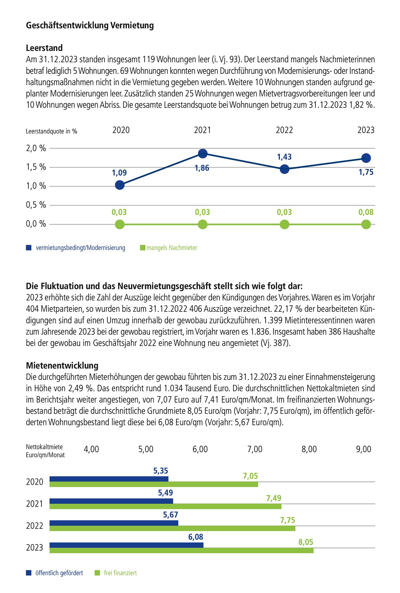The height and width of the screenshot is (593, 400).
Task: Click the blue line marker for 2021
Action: click(x=203, y=154)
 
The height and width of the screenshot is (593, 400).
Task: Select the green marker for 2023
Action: click(x=366, y=224)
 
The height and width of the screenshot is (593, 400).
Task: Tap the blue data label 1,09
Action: click(x=119, y=173)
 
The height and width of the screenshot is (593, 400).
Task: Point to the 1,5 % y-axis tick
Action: click(x=36, y=167)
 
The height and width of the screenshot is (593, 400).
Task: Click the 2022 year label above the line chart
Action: click(x=284, y=130)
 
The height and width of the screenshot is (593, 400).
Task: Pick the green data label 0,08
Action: click(x=366, y=212)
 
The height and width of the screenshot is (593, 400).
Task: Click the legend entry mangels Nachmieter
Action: click(x=172, y=248)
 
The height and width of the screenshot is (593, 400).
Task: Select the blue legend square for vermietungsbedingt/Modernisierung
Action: click(x=29, y=248)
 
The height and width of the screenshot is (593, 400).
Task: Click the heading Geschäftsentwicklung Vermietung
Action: click(x=90, y=25)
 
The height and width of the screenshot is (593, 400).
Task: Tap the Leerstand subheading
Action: click(x=44, y=48)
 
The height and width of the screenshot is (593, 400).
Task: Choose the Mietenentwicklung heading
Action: click(x=62, y=365)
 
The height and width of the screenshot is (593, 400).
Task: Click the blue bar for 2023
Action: click(x=126, y=545)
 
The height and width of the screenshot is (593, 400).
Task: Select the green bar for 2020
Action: click(x=154, y=484)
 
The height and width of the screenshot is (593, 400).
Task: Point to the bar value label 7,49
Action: click(x=274, y=498)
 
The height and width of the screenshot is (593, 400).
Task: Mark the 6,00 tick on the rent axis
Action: click(x=200, y=449)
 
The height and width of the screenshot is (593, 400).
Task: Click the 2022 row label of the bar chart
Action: click(x=34, y=526)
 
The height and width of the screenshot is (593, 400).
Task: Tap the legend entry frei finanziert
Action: click(x=120, y=573)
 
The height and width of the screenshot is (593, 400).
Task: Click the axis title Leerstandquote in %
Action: click(x=51, y=131)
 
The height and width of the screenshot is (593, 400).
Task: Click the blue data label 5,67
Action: click(x=170, y=515)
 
